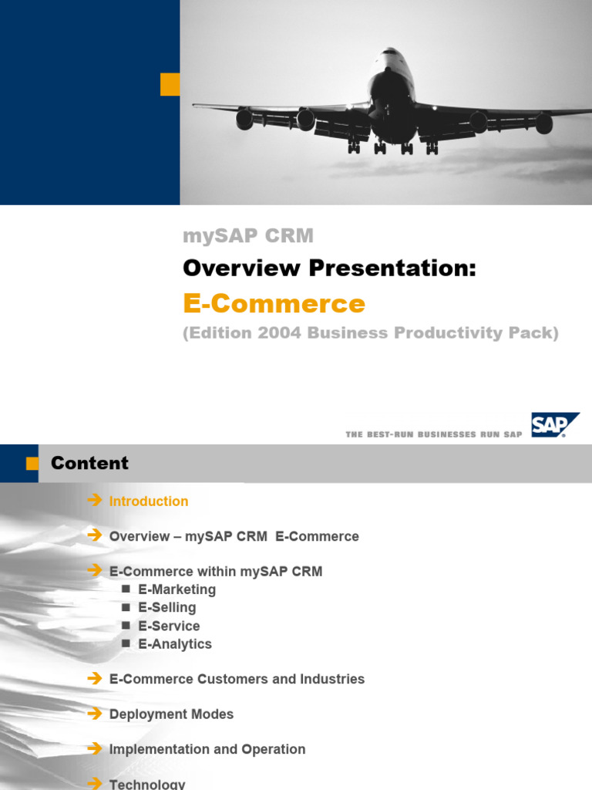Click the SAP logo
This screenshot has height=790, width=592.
point(554,424)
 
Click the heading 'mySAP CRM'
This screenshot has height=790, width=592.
point(248,236)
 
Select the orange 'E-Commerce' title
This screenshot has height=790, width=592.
point(274,303)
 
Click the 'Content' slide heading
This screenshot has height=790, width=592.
point(89,463)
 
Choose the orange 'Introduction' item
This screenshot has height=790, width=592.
point(149,501)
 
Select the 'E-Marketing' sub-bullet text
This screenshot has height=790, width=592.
point(177,590)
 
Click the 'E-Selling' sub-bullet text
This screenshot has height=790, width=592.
point(167,608)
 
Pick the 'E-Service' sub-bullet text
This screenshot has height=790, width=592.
point(169,626)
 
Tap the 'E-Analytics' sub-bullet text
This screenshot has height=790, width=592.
point(175,644)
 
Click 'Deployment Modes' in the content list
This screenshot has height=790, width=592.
point(171,714)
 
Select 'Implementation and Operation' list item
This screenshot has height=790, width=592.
point(207,749)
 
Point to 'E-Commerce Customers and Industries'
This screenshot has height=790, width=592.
point(237,679)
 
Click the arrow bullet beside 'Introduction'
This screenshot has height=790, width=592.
point(95,501)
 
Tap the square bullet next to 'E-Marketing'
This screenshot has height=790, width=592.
point(126,589)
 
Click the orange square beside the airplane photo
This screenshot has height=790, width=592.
point(170,84)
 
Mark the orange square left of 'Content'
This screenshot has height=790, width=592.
point(32,463)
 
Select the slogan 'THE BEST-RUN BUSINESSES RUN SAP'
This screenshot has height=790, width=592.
point(434,434)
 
